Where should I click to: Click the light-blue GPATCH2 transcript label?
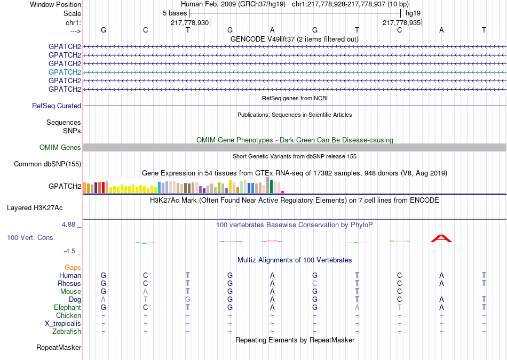65,72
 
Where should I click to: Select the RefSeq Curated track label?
57,106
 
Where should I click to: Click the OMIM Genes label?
60,147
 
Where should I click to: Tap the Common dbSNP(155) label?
47,164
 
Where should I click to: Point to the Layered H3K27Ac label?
35,208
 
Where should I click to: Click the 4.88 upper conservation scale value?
68,225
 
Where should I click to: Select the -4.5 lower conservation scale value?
69,251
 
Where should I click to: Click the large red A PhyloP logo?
441,238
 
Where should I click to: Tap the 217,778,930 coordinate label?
190,22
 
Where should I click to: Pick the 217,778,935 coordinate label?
401,22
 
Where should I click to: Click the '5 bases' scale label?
175,13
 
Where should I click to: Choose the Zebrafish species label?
67,332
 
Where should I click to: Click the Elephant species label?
68,307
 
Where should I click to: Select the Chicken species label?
68,315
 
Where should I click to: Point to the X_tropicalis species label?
63,324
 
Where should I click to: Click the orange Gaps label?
73,267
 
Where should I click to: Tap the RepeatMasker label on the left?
59,347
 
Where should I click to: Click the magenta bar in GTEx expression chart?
283,192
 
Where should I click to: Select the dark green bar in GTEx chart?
272,187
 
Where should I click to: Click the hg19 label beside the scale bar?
413,13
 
